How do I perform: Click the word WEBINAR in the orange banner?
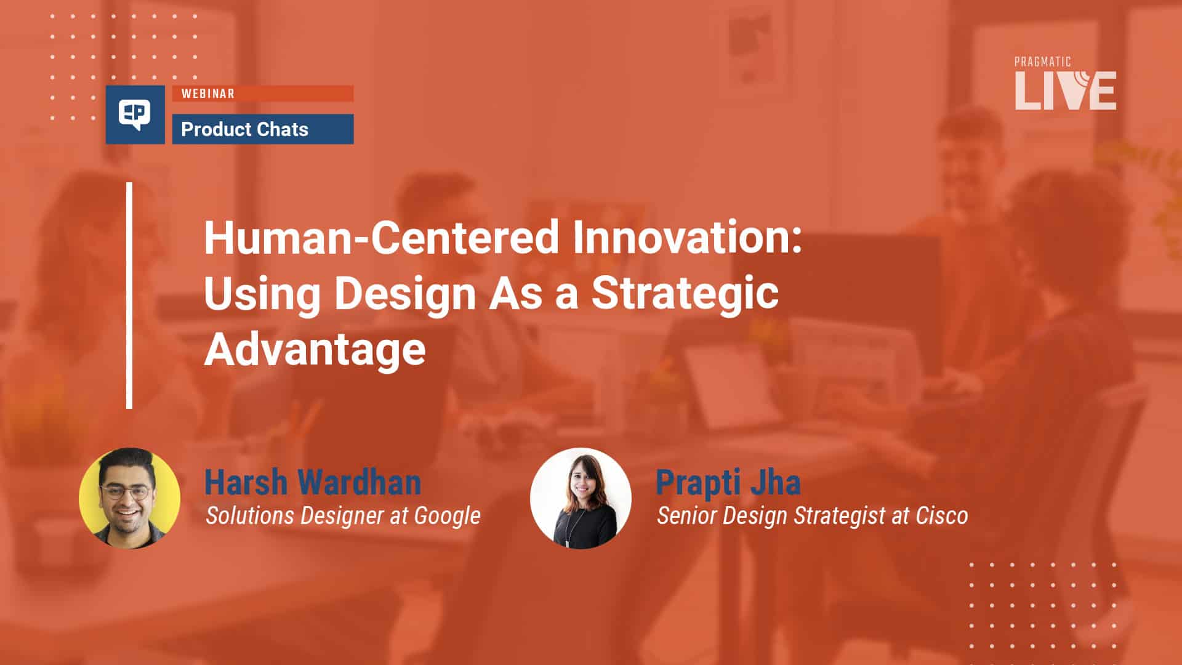point(207,94)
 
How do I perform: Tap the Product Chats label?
point(244,129)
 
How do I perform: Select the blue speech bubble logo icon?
point(135,115)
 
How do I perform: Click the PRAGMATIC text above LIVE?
point(1042,62)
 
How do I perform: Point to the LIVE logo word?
point(1065,91)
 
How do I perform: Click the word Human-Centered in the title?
point(381,238)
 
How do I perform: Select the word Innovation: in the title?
point(687,238)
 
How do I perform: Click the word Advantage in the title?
point(315,349)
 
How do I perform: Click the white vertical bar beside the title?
point(129,296)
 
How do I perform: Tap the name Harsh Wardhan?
point(312,482)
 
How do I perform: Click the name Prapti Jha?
point(728,482)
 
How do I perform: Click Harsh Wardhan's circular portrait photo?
point(129,498)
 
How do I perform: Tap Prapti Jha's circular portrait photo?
point(581,498)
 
